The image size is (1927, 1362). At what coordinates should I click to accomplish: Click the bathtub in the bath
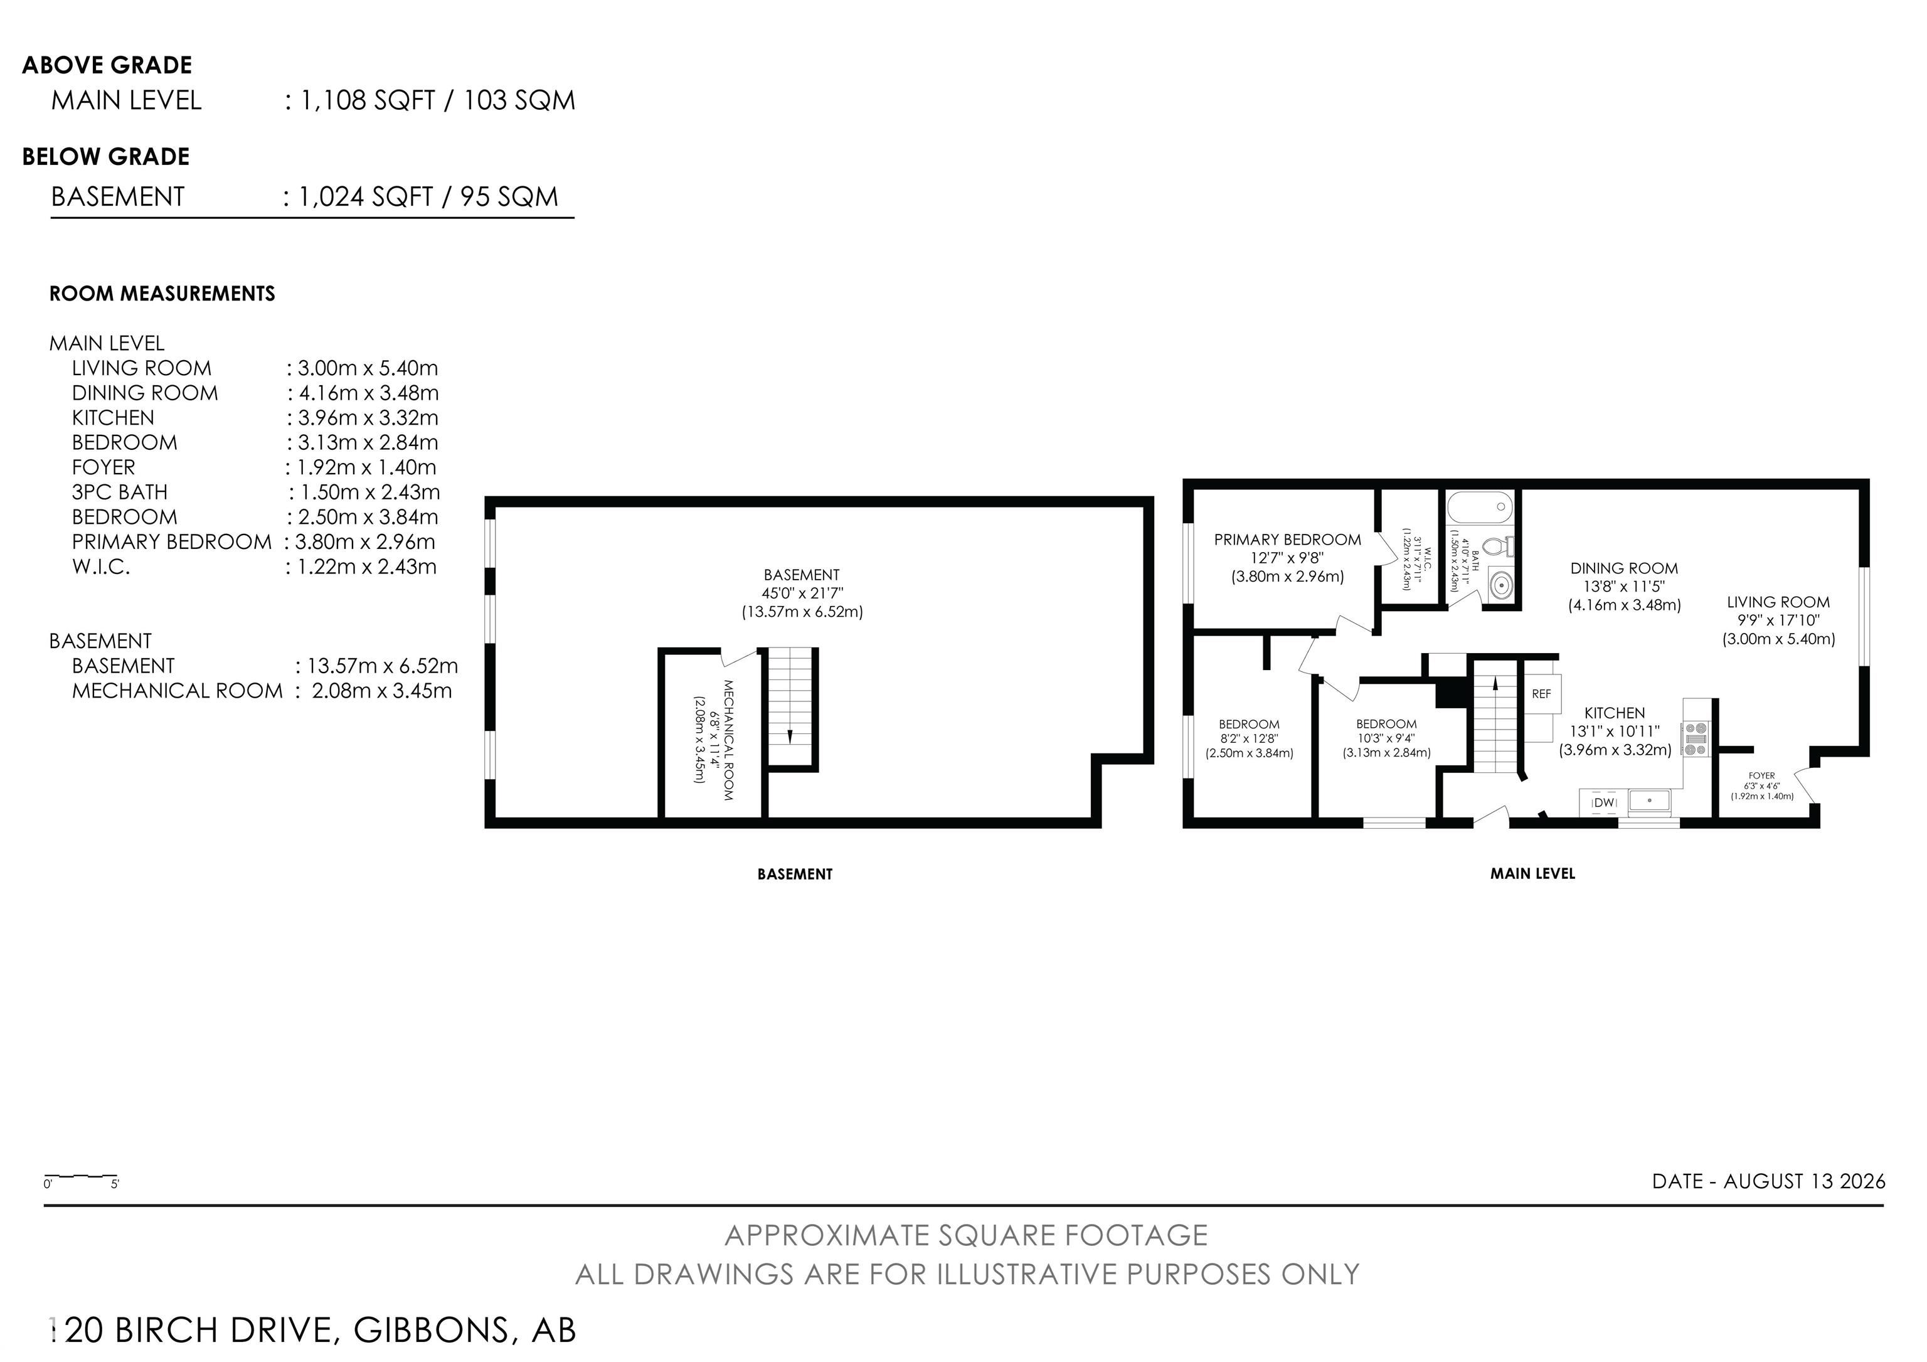pyautogui.click(x=1480, y=507)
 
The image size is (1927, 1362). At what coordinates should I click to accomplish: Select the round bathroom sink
pyautogui.click(x=1500, y=584)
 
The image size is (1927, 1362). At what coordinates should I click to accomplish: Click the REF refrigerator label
pyautogui.click(x=1542, y=694)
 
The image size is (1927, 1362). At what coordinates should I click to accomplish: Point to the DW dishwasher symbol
pyautogui.click(x=1604, y=802)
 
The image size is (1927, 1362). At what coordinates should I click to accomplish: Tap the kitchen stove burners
pyautogui.click(x=1694, y=738)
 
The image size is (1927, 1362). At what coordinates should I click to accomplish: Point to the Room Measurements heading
pyautogui.click(x=162, y=294)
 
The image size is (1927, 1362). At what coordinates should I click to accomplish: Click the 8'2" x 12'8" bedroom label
pyautogui.click(x=1250, y=738)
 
